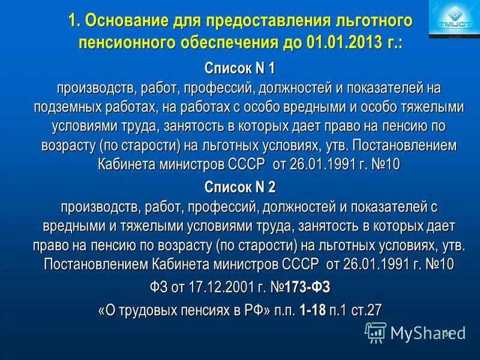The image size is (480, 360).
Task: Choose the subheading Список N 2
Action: tap(239, 187)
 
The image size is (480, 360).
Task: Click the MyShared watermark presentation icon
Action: tap(376, 332)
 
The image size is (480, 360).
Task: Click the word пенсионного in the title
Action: tap(127, 43)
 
